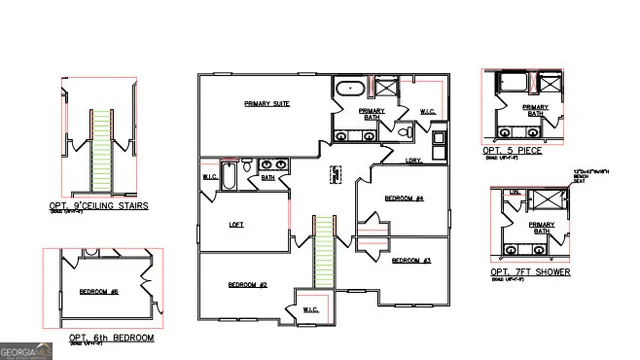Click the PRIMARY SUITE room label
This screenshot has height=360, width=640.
(267, 103)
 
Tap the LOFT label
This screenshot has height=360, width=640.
(237, 224)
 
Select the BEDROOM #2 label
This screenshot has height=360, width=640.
(247, 285)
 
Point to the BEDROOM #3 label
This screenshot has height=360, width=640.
(410, 261)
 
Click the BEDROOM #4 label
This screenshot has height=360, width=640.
(405, 199)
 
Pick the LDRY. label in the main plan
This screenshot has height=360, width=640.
(413, 160)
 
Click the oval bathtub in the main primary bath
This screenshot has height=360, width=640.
(350, 88)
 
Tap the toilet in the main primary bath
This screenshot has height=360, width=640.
(405, 132)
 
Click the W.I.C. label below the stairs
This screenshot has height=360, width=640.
(310, 311)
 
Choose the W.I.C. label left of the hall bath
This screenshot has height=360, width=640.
(210, 178)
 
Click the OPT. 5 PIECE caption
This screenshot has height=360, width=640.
(512, 150)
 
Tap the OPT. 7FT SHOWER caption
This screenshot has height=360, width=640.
(530, 272)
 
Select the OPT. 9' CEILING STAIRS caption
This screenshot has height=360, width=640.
(98, 206)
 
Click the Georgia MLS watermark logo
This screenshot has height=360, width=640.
(27, 351)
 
